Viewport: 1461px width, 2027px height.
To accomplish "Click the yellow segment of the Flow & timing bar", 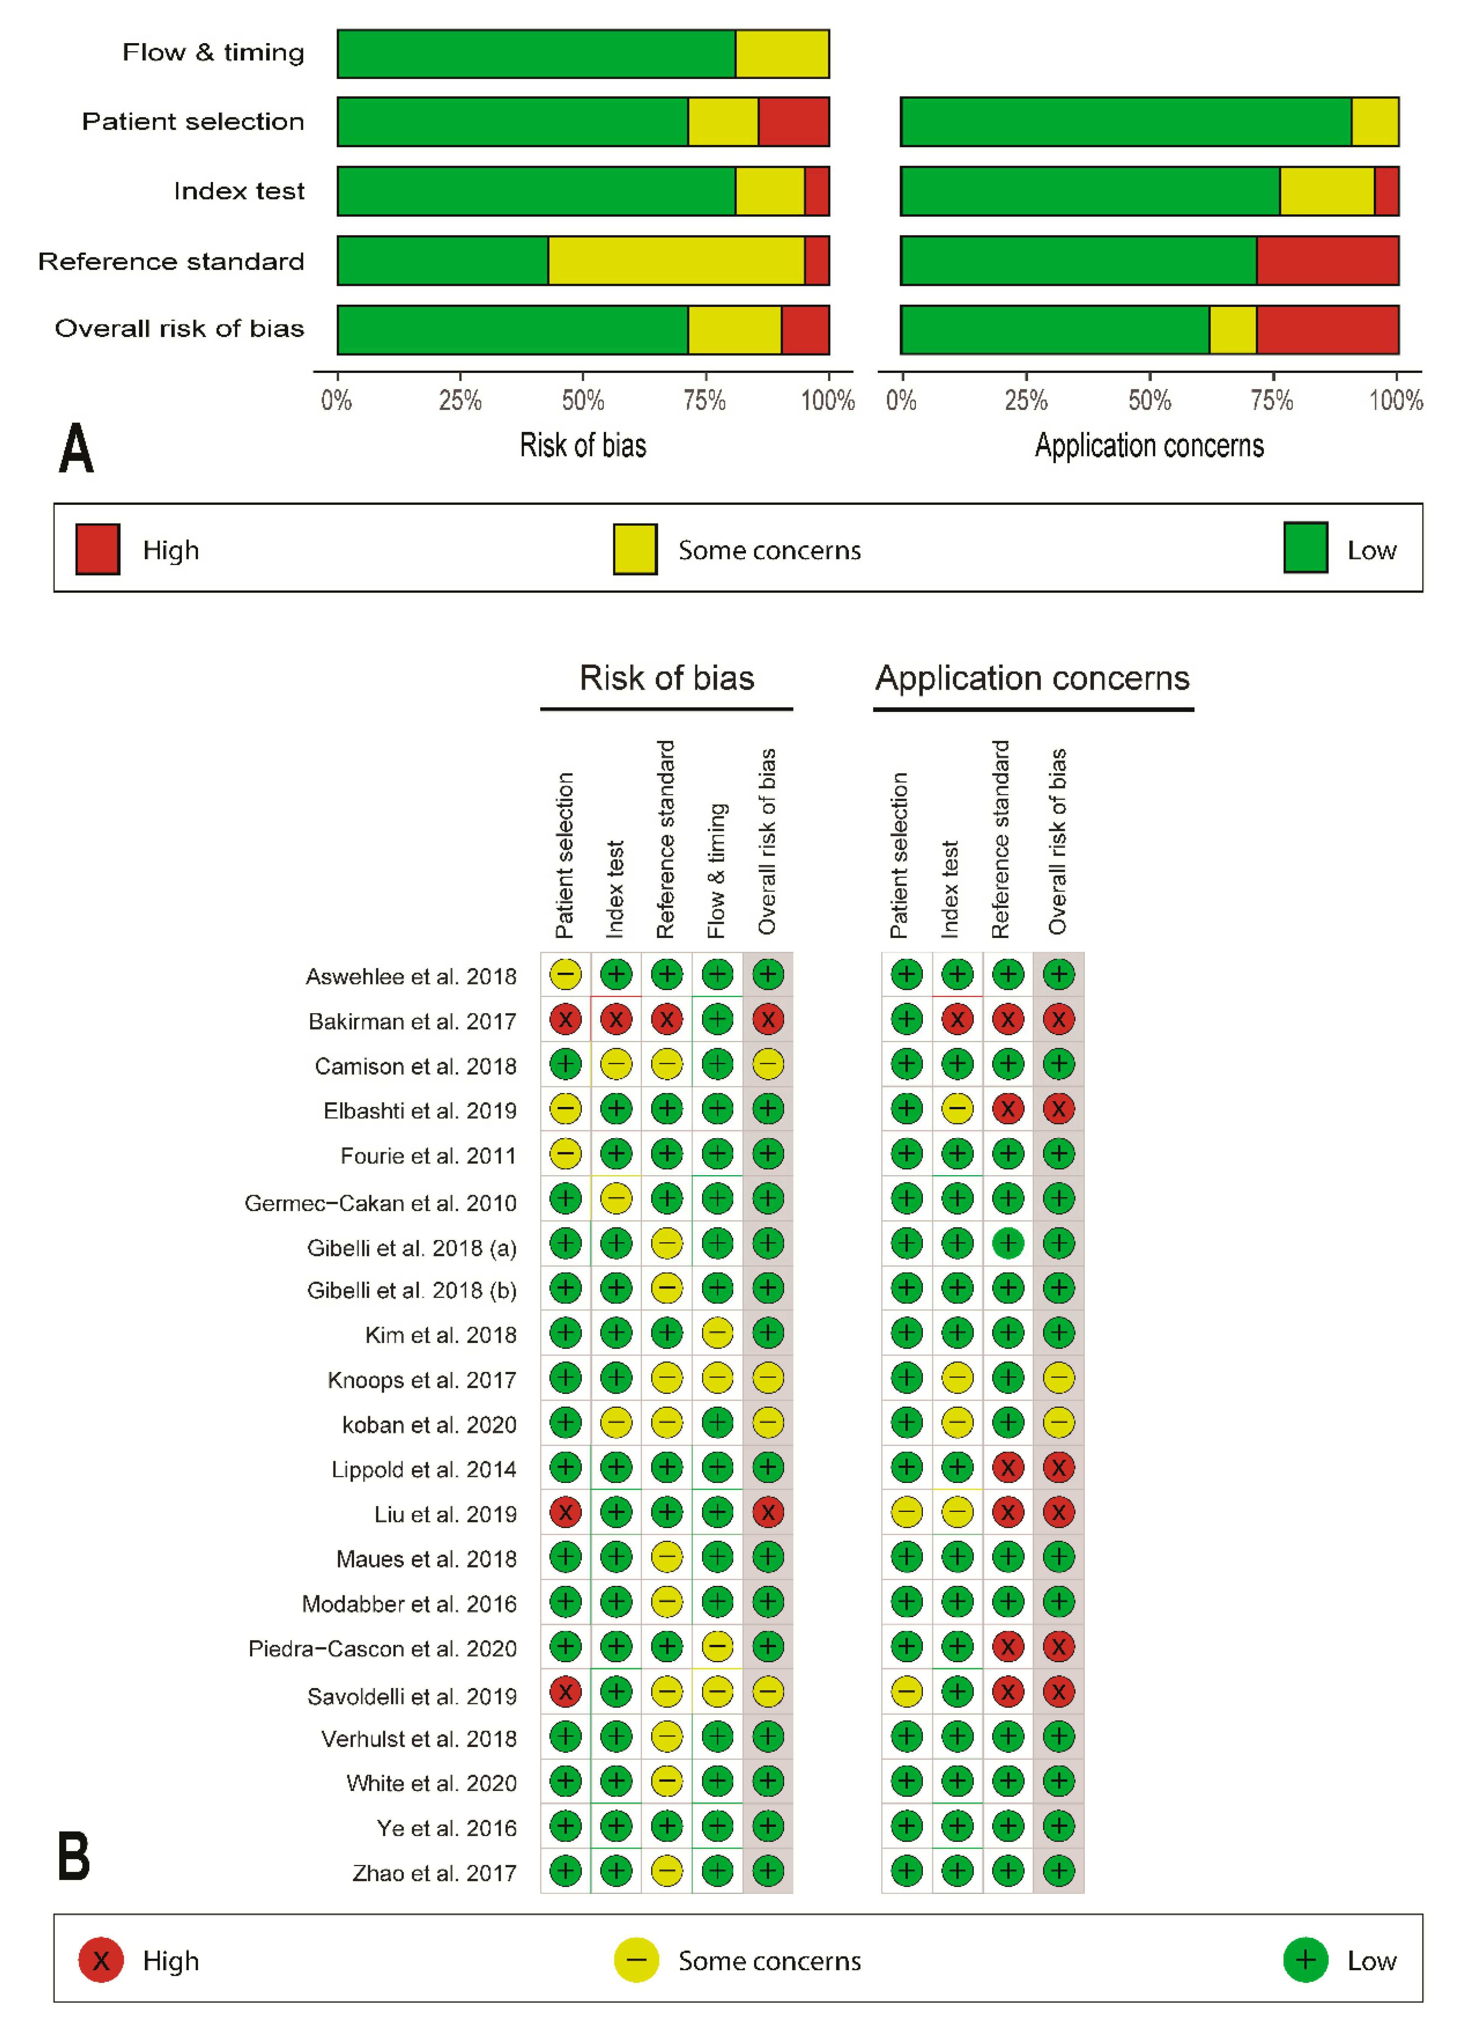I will point(782,54).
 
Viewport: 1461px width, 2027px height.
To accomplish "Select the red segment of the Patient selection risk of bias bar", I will point(794,122).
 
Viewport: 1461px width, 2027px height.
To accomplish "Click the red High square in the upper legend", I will point(98,549).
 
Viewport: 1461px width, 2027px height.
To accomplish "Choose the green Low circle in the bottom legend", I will point(1305,1960).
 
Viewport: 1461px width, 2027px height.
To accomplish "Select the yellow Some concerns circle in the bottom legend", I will point(635,1960).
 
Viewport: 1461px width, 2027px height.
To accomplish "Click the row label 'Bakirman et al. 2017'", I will point(412,1021).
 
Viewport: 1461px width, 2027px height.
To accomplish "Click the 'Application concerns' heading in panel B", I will point(1032,678).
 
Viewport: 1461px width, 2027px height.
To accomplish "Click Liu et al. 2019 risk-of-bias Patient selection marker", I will point(565,1512).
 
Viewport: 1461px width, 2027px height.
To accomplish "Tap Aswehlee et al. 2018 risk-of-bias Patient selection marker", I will point(565,974).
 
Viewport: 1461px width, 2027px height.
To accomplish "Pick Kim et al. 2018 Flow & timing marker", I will point(717,1333).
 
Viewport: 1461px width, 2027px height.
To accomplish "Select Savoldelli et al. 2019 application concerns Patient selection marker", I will point(906,1691).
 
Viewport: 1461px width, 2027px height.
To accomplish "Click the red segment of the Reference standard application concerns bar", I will point(1327,261).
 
